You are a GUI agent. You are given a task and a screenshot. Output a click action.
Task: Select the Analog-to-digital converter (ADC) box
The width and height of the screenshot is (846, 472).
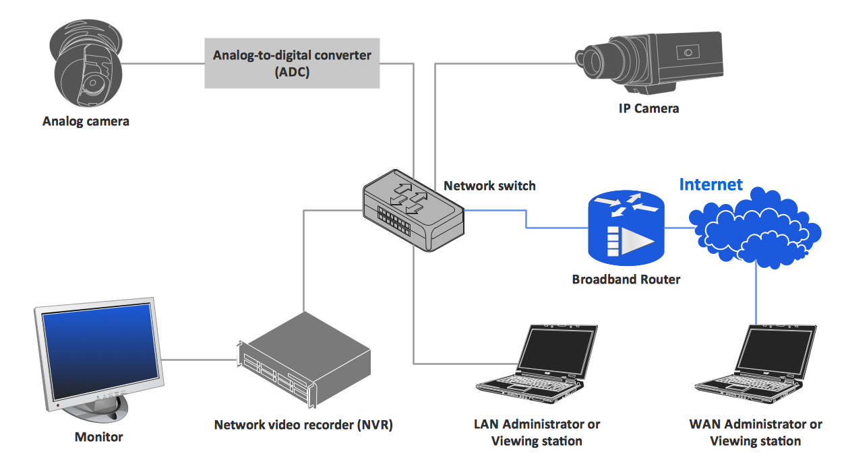coord(292,63)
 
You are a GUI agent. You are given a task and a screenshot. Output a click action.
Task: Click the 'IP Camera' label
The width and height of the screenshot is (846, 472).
coord(648,108)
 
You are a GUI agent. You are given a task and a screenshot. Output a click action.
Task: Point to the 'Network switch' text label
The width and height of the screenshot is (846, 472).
coord(489,186)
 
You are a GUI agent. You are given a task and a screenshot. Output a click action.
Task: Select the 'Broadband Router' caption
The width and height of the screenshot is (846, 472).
coord(626,279)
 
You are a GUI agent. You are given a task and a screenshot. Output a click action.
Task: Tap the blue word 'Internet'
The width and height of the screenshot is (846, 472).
coord(711,184)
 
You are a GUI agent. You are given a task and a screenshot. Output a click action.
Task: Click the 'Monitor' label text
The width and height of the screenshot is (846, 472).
coord(98,437)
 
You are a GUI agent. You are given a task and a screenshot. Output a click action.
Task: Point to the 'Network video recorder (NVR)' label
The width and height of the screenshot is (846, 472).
coord(303,426)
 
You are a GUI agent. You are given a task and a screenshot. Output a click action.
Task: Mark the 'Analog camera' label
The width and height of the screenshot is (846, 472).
coord(86,122)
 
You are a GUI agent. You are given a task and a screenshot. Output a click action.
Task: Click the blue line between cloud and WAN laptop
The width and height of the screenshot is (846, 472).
coord(755,296)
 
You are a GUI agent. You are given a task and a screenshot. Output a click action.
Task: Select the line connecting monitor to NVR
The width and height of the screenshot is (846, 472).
coord(199,360)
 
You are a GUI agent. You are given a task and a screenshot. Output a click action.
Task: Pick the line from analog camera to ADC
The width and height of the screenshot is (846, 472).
coord(164,64)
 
